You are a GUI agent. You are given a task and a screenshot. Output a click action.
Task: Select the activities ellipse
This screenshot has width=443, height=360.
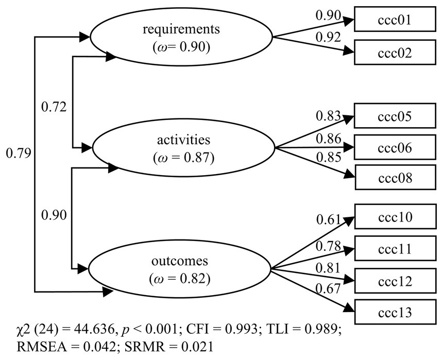tap(181, 148)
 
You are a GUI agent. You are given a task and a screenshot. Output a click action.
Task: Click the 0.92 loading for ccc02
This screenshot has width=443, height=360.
tap(328, 38)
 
